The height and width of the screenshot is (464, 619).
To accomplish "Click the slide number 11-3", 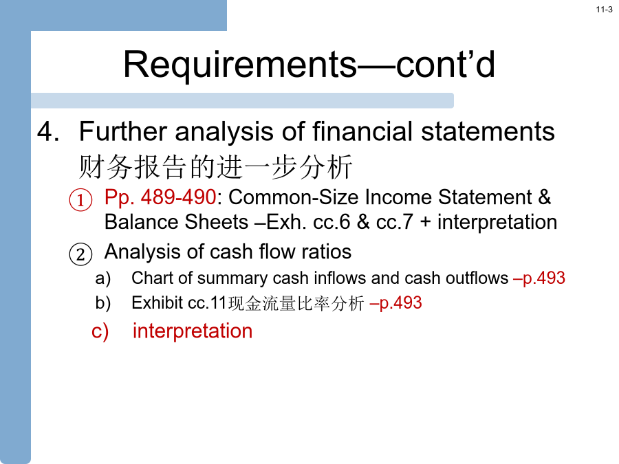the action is [x=604, y=10].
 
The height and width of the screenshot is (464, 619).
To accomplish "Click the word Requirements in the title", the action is [x=240, y=65].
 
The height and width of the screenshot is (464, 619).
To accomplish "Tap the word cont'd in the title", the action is [x=445, y=64].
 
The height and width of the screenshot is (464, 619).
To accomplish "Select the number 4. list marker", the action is [x=48, y=131].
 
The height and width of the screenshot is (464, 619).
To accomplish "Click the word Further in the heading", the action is [x=123, y=131].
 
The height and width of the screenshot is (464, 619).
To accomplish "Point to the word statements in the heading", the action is [x=488, y=131].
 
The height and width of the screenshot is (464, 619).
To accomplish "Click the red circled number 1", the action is [x=81, y=199].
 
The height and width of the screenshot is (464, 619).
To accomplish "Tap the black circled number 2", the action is [x=81, y=254].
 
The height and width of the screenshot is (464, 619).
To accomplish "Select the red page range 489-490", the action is [x=178, y=197].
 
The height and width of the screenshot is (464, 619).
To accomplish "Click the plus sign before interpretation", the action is [x=425, y=223].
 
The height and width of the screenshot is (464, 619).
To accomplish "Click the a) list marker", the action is [x=103, y=278].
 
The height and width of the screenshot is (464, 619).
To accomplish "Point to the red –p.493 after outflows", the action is [x=539, y=278].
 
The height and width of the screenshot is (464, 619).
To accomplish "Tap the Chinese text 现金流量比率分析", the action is [x=296, y=303].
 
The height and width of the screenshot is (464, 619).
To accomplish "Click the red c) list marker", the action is [x=100, y=331].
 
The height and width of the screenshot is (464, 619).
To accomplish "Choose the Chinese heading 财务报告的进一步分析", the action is [x=215, y=167].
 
